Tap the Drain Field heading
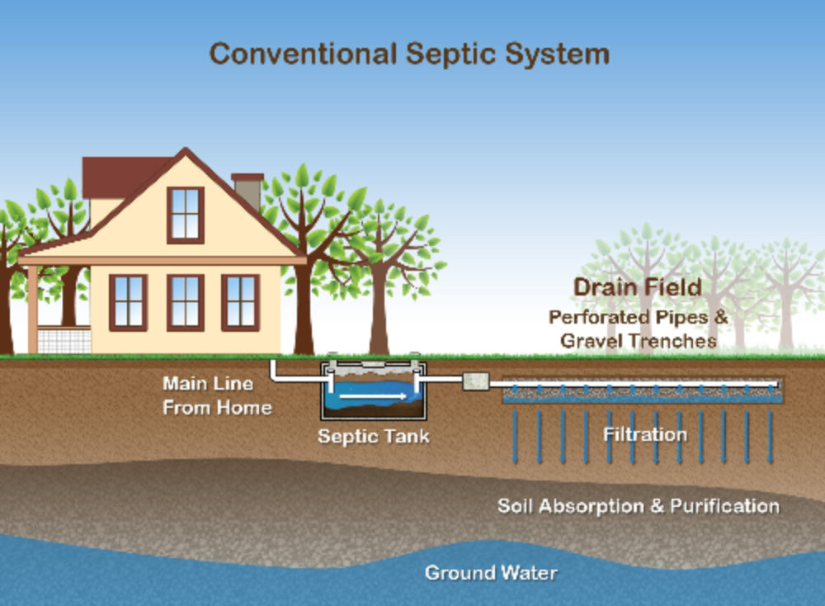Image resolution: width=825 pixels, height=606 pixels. [638, 287]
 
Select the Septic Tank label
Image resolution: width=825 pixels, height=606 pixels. [374, 437]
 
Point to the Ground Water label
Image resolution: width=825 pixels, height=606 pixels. [491, 572]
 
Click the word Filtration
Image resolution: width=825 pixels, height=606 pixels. [645, 434]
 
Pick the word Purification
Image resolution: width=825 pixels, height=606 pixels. [724, 506]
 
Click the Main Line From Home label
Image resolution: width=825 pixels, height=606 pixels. [217, 395]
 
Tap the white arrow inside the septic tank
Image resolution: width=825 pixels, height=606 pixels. [373, 396]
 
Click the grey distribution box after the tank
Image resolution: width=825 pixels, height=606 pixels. [476, 381]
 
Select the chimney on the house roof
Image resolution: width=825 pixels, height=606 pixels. [247, 191]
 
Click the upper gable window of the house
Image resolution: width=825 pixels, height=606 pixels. [185, 215]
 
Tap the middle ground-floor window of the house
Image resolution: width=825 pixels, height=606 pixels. [185, 303]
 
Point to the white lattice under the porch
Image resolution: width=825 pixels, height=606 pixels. [64, 339]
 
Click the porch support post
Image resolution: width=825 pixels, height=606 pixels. [33, 310]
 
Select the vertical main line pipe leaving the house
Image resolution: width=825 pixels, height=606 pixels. [273, 368]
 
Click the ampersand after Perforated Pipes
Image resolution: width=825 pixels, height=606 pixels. [721, 316]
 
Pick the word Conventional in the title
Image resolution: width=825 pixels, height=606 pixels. [303, 54]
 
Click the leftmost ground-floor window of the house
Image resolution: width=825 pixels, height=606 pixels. [128, 303]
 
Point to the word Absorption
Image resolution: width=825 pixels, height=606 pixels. [591, 506]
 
